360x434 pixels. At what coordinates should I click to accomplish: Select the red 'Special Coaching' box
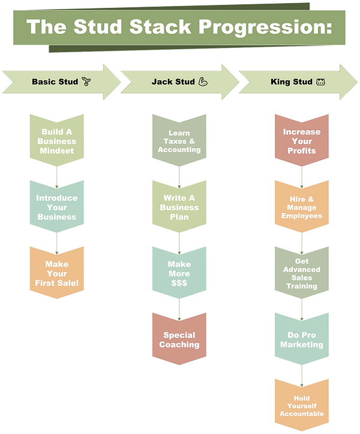pyautogui.click(x=179, y=340)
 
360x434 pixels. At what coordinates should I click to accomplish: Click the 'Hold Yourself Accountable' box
pyautogui.click(x=301, y=406)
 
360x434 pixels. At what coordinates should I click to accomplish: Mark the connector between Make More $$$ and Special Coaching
pyautogui.click(x=179, y=305)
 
